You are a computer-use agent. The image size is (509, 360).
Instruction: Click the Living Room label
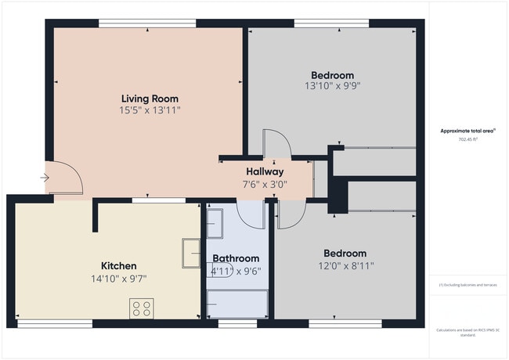150,99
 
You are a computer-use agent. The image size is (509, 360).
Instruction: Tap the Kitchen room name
119,266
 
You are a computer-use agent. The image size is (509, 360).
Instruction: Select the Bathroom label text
236,258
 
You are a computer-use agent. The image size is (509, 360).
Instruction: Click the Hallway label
265,171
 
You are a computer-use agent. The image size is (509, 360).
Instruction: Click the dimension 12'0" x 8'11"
345,265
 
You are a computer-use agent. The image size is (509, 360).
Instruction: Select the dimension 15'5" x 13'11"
150,111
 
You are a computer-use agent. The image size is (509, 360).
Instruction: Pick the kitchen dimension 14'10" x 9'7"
119,278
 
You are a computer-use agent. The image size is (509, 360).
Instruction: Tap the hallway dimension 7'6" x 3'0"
265,185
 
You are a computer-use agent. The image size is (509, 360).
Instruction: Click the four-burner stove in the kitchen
142,308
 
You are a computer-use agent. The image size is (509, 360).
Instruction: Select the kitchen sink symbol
193,252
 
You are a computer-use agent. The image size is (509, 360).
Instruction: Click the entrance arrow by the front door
45,178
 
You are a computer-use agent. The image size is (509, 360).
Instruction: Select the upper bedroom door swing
277,145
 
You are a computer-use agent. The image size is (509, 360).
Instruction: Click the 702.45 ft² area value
468,139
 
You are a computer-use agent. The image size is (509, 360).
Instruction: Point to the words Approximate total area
468,131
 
